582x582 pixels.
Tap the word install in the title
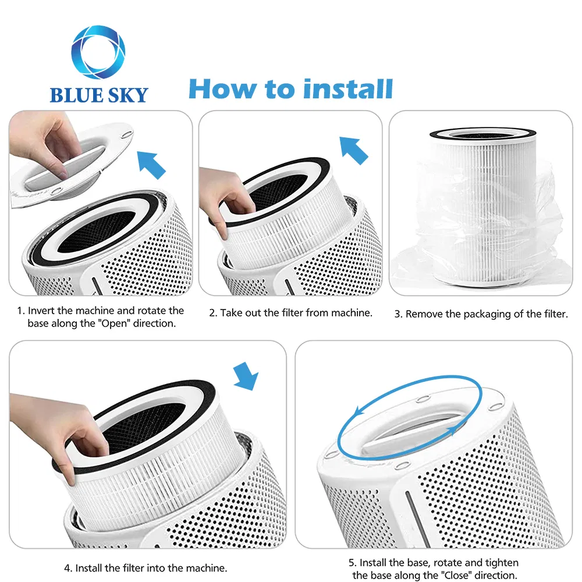[x=347, y=89]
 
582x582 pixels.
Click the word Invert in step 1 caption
[x=44, y=311]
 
